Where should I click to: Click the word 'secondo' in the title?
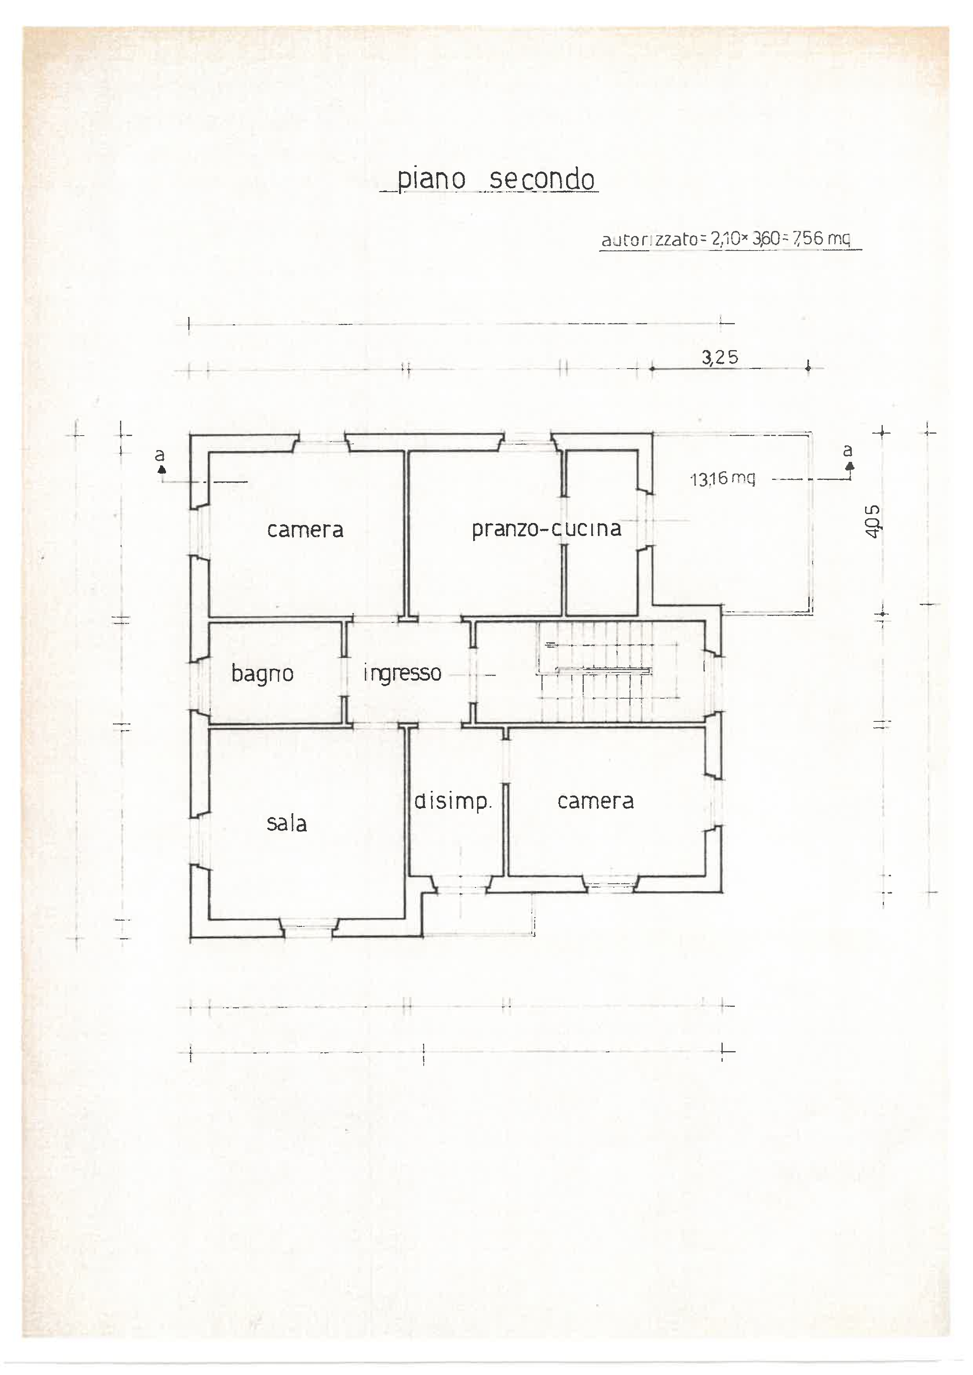pos(541,179)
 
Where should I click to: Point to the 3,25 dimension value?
pos(720,358)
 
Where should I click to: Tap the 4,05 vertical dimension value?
pos(873,521)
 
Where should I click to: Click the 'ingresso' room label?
pos(402,673)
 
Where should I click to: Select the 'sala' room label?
pos(286,823)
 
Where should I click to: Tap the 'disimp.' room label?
pos(453,801)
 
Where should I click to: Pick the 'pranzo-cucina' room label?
pos(547,529)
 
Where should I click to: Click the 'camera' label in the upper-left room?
pos(305,529)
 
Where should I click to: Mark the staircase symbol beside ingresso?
pos(608,672)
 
